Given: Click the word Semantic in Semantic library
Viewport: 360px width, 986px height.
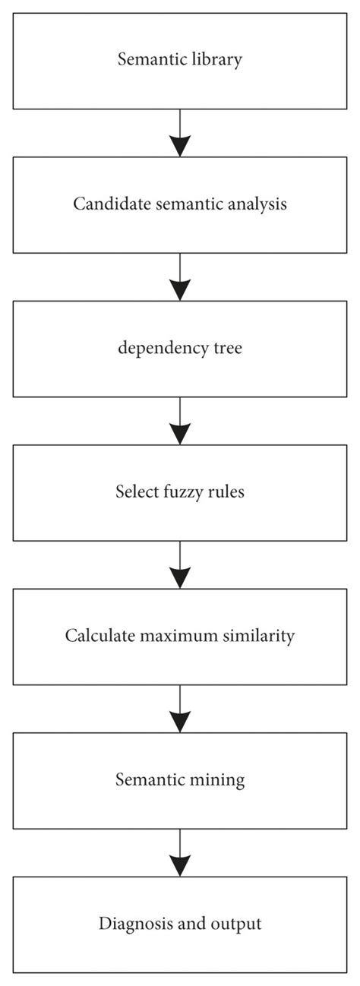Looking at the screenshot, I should pos(148,60).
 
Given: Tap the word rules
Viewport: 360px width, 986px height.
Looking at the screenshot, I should pos(226,491).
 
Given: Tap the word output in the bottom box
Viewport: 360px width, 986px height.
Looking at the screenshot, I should pos(238,924).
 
